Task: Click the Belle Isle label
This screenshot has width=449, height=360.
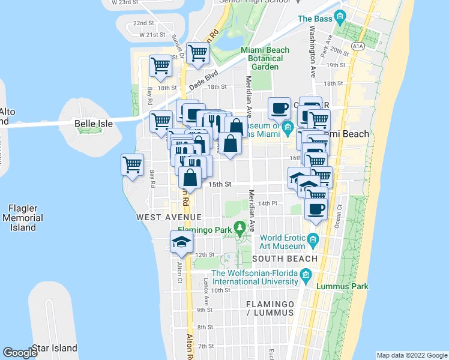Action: [94, 124]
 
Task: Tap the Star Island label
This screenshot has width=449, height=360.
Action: [55, 348]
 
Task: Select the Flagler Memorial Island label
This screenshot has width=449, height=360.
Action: [22, 218]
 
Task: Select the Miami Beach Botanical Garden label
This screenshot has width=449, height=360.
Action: [265, 58]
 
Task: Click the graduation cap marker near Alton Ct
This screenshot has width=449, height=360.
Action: [182, 241]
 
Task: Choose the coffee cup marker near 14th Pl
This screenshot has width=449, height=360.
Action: [316, 209]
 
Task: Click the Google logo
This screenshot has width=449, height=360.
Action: [20, 353]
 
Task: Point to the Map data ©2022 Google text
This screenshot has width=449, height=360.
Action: [411, 355]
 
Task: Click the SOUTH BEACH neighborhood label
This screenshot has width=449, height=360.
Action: [285, 259]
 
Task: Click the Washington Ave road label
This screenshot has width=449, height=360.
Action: [313, 51]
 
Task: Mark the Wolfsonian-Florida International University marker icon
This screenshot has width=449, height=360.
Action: [306, 277]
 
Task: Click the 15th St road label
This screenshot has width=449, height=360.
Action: [220, 184]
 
